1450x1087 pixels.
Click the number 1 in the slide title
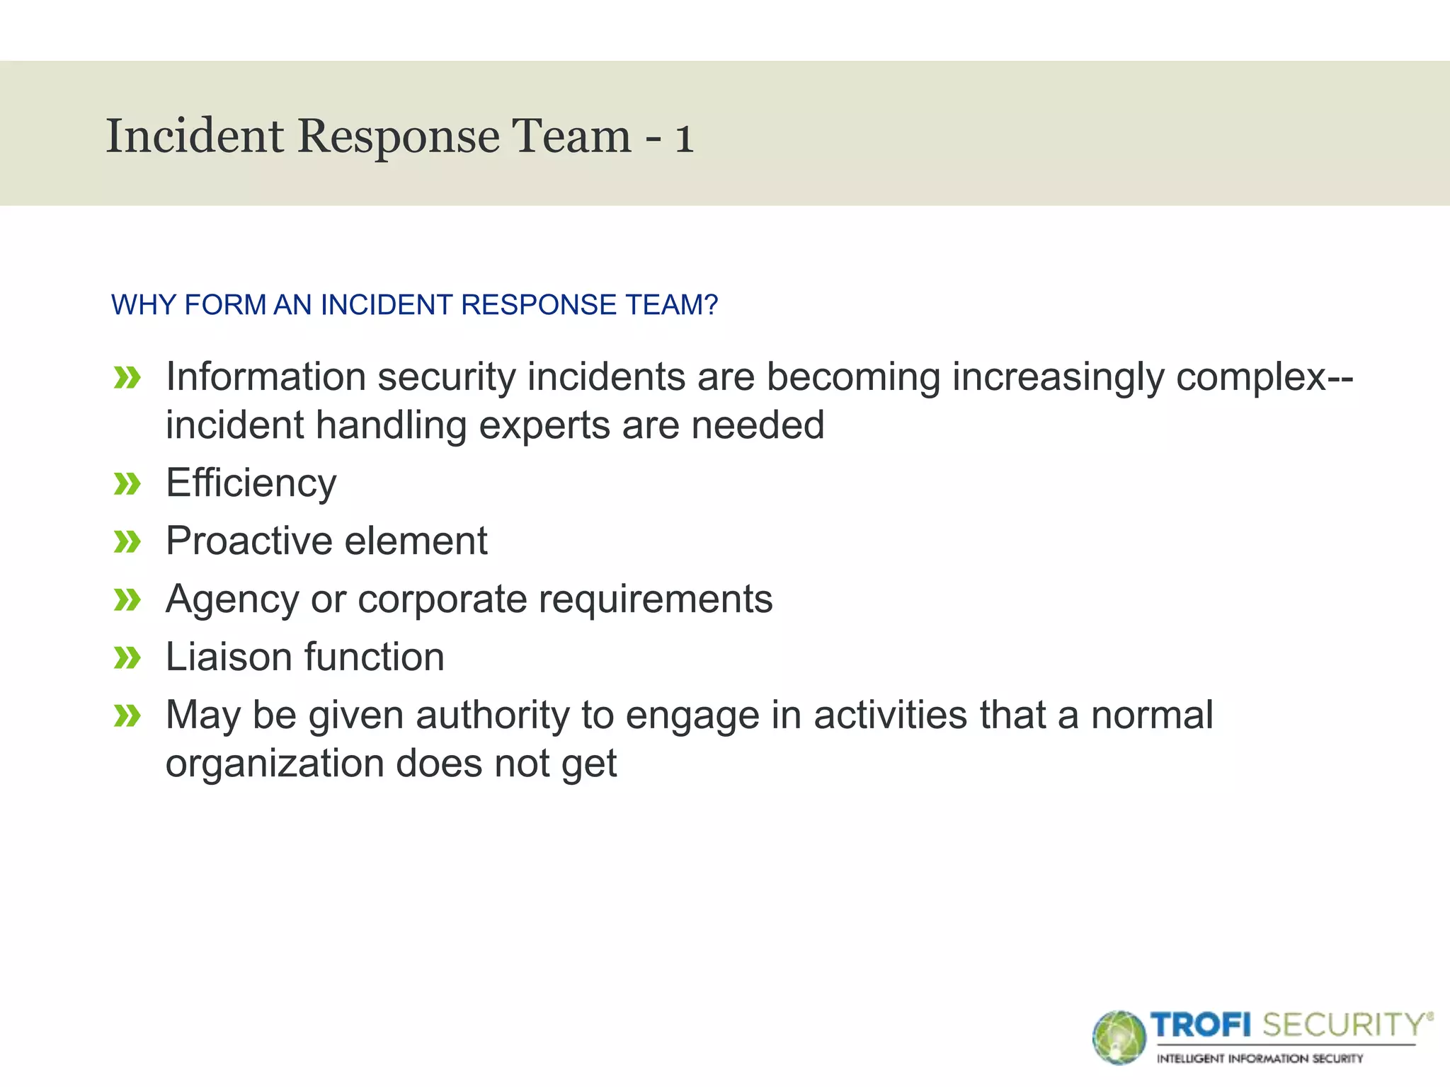pyautogui.click(x=683, y=137)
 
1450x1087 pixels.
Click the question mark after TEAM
pyautogui.click(x=711, y=305)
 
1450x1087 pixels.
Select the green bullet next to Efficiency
pyautogui.click(x=127, y=485)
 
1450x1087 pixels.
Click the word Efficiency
pyautogui.click(x=251, y=484)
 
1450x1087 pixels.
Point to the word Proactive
pyautogui.click(x=249, y=541)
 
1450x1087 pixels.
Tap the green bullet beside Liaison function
pyautogui.click(x=127, y=658)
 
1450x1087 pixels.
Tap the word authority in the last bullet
pyautogui.click(x=492, y=715)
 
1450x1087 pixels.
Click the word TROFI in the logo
pyautogui.click(x=1200, y=1025)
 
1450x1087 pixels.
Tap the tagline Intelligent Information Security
pyautogui.click(x=1260, y=1059)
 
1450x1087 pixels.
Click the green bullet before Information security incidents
pyautogui.click(x=127, y=378)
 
